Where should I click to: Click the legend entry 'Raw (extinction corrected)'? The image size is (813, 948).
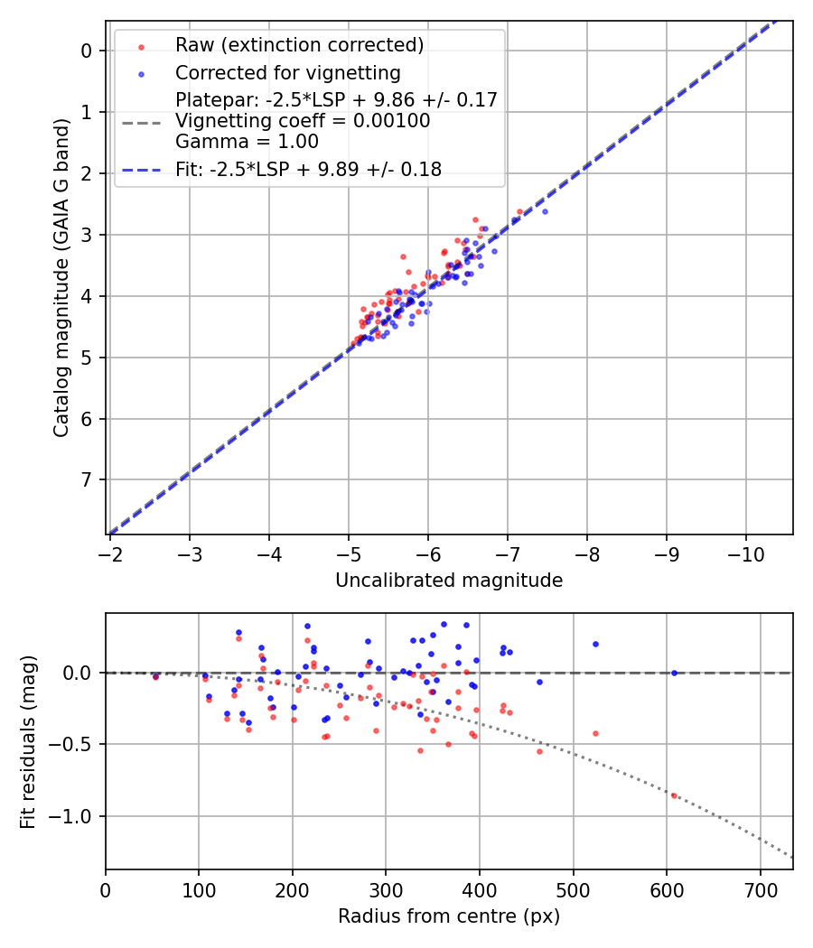299,44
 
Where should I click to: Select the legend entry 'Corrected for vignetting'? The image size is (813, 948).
287,72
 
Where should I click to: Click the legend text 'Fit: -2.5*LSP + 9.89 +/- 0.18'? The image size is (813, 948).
308,169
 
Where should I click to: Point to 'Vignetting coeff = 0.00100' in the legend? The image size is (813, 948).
303,120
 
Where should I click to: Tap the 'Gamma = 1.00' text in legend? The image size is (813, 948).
247,141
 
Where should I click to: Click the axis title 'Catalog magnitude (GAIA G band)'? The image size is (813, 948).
61,293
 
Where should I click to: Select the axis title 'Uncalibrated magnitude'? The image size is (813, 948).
449,581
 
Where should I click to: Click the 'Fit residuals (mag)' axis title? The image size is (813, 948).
27,741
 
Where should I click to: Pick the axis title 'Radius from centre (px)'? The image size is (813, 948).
449,916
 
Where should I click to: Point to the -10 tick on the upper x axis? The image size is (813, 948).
746,552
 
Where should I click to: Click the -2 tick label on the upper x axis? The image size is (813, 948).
110,552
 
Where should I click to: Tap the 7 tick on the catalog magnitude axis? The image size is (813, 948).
87,479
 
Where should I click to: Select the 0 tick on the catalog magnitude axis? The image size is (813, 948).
87,51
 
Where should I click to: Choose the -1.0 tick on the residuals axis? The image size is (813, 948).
74,816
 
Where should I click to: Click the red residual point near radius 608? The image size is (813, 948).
674,795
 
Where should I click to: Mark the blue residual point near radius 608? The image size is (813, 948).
674,673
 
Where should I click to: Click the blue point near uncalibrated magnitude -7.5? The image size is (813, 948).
545,211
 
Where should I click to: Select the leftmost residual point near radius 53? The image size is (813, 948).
155,676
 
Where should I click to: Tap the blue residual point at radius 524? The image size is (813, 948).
595,644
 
